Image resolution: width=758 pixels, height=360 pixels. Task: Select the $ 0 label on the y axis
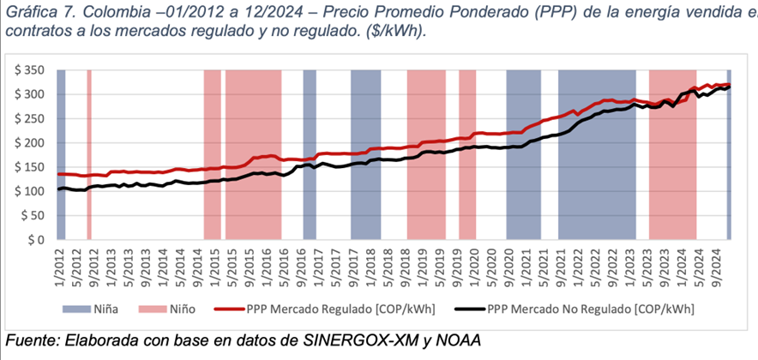pyautogui.click(x=36, y=241)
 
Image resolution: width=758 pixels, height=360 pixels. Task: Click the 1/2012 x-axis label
pyautogui.click(x=58, y=267)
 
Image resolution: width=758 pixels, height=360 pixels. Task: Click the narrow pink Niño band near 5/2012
pyautogui.click(x=89, y=154)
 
